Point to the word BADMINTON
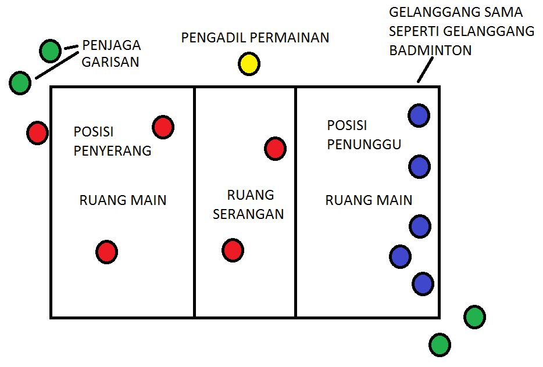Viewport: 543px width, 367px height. [430, 51]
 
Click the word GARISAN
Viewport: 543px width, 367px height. [110, 62]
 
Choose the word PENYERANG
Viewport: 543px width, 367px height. [112, 150]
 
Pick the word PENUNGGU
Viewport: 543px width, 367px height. [364, 144]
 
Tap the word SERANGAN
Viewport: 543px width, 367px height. [248, 214]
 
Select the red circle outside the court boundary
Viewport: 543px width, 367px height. [37, 133]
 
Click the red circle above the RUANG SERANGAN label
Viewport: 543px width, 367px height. [275, 149]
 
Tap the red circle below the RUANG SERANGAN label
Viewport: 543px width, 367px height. [233, 250]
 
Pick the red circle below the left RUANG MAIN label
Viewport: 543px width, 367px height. [106, 252]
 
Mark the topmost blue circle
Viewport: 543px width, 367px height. [419, 115]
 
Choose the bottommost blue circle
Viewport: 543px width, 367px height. [423, 284]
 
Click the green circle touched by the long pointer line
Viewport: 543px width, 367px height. [20, 83]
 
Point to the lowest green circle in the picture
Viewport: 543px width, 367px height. [440, 344]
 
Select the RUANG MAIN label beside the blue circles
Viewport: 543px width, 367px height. [369, 200]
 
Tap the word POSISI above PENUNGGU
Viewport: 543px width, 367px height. [347, 125]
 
